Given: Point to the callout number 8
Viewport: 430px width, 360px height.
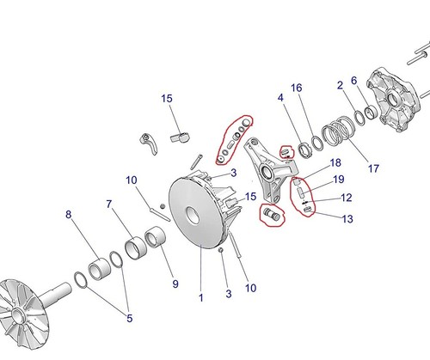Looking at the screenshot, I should pos(69,216).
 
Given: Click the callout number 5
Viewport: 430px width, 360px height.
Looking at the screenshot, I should pos(130,319).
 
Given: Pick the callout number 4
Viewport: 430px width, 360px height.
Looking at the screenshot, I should pos(279,100).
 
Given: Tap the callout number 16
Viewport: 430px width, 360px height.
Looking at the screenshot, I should pos(296,88).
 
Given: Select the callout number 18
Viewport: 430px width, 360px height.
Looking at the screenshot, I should pos(335,162).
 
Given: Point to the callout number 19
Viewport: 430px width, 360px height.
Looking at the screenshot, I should pos(338,179).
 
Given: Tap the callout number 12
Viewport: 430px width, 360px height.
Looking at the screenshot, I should pos(347,198).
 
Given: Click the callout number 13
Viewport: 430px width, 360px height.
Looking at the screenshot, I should pos(347,219).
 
